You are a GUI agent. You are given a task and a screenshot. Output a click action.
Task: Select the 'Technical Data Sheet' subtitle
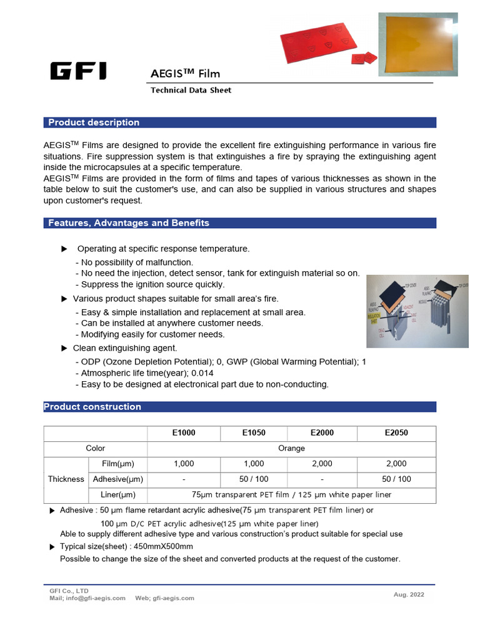coord(191,90)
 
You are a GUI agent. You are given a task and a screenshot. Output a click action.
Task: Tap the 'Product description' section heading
coord(94,122)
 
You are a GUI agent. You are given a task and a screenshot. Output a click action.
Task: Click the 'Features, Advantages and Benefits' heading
coord(129,223)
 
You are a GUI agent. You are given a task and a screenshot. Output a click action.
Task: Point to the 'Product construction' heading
coord(92,407)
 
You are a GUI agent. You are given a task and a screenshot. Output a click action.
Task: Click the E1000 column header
coord(184,432)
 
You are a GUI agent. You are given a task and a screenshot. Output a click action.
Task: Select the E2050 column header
coord(396,432)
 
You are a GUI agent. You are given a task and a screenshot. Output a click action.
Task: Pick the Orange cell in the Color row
coord(291,448)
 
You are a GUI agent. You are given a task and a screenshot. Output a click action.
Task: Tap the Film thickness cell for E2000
coord(321,464)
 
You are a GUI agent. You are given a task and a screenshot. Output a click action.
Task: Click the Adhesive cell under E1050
coord(253,479)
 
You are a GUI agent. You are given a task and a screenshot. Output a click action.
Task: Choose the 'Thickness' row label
coord(66,479)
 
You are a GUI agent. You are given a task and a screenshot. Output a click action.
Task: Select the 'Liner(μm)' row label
coord(119,495)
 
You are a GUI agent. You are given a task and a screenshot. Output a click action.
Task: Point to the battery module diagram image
coord(417,311)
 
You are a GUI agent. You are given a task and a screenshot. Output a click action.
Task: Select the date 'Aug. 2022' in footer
coord(409,594)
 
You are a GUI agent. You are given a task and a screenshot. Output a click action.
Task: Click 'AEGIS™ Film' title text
coord(185,73)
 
